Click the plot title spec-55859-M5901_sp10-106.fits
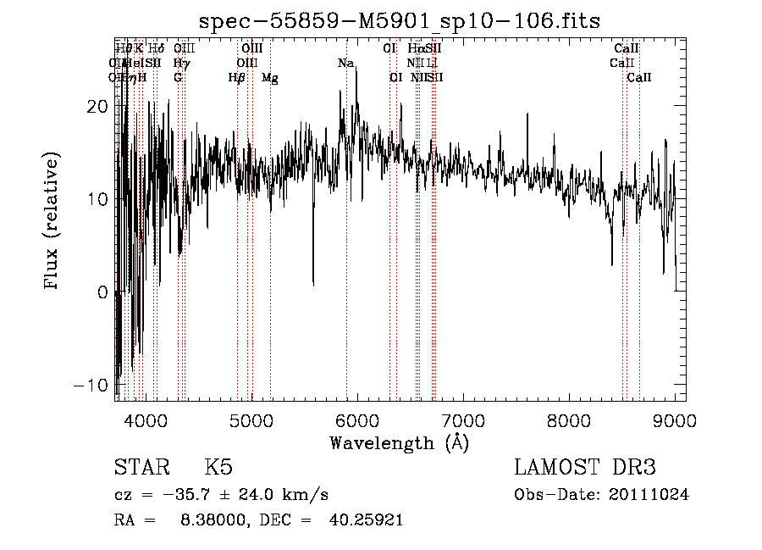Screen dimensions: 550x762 click(399, 22)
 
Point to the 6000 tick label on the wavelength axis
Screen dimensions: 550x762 click(357, 420)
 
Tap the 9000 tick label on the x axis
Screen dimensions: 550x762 click(675, 420)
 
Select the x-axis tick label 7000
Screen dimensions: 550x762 click(463, 420)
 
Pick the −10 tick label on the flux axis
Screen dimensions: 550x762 click(91, 386)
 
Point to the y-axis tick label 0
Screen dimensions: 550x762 click(104, 293)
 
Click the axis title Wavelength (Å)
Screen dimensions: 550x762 click(399, 442)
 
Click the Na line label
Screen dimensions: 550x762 click(345, 64)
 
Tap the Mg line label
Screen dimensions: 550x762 click(270, 78)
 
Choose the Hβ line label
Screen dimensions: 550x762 click(237, 78)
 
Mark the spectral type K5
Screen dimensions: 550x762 click(219, 468)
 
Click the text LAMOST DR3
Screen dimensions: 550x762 click(584, 468)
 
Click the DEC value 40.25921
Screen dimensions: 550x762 click(365, 520)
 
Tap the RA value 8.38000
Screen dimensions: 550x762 click(209, 520)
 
